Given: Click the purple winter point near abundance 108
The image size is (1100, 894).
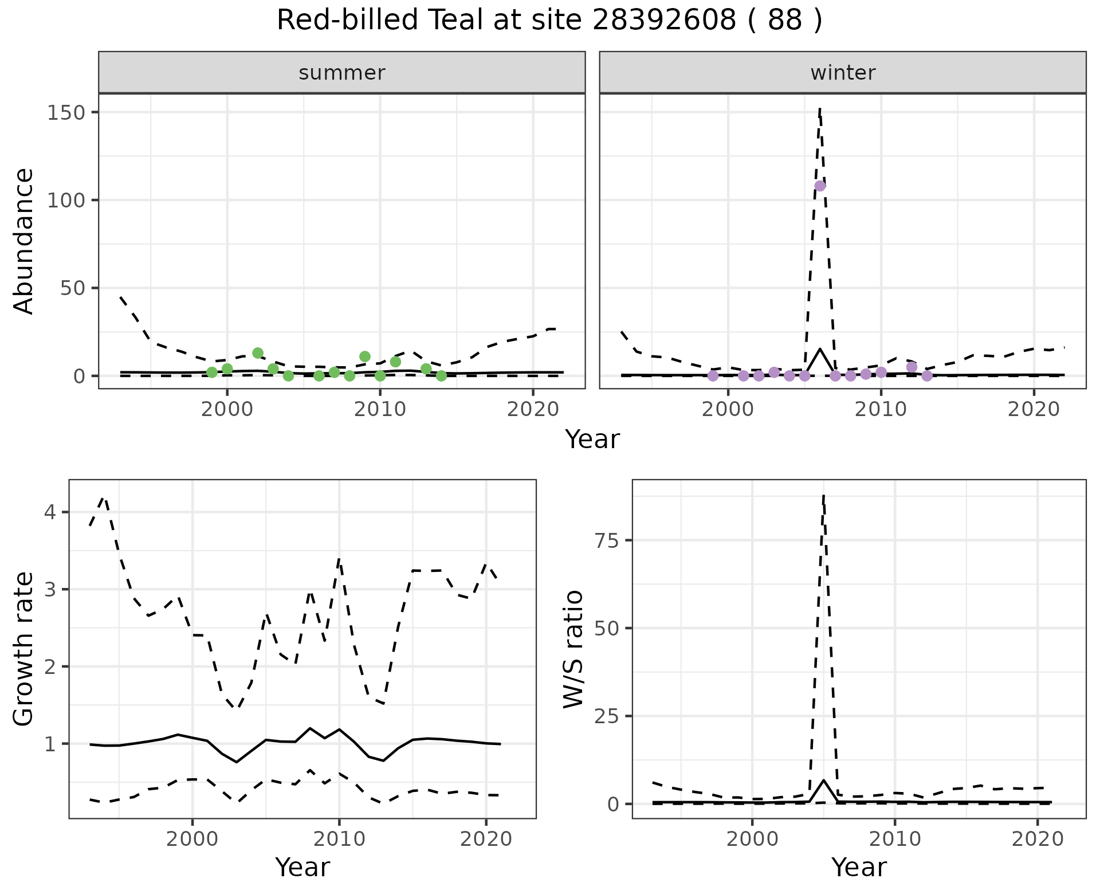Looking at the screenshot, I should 820,186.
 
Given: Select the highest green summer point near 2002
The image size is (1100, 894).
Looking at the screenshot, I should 258,353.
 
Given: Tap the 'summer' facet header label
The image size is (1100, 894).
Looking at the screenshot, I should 342,73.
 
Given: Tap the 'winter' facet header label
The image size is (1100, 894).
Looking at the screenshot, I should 843,73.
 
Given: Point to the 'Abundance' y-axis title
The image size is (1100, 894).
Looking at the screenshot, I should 24,241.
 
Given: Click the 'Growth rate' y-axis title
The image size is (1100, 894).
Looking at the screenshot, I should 24,649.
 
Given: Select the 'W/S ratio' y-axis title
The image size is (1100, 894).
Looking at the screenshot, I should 573,649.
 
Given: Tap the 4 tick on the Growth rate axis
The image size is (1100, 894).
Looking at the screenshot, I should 50,512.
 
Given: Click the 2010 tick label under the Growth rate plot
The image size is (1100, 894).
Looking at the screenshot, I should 339,840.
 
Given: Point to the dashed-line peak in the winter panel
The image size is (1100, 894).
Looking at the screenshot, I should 820,107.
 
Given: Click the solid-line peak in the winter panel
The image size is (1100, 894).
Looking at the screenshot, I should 820,349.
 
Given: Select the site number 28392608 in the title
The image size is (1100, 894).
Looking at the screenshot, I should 664,21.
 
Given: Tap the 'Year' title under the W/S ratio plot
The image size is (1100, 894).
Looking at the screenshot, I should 859,867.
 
